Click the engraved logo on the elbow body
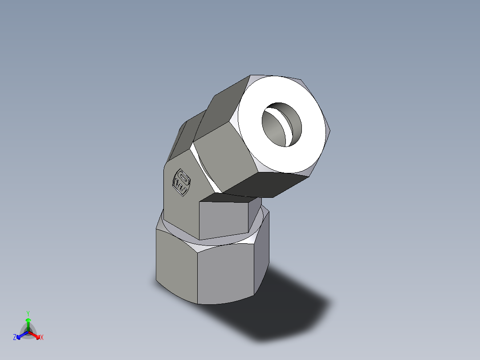point(182,182)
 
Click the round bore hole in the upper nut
point(281,124)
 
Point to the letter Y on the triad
point(28,313)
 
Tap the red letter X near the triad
point(42,338)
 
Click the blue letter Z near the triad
point(15,338)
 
